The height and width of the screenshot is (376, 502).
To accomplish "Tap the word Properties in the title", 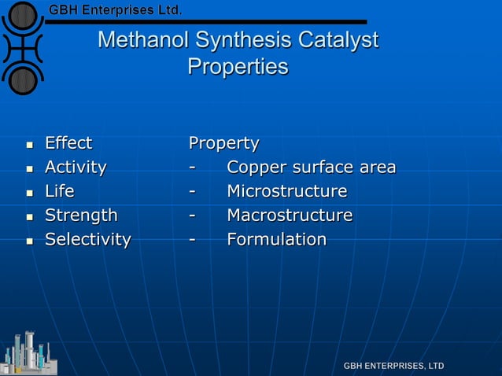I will pyautogui.click(x=238, y=67).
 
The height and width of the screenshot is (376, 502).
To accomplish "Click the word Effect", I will pyautogui.click(x=68, y=143).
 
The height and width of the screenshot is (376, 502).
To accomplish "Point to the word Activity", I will pyautogui.click(x=76, y=167).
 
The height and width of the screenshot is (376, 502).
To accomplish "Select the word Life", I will pyautogui.click(x=60, y=191).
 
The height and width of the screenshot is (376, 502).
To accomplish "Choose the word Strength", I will pyautogui.click(x=81, y=215).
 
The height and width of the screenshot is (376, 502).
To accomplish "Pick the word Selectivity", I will pyautogui.click(x=87, y=239).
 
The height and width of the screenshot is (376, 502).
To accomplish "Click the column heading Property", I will pyautogui.click(x=223, y=144).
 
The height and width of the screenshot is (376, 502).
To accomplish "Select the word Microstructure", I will pyautogui.click(x=286, y=191).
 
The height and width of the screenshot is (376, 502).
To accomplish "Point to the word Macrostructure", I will pyautogui.click(x=290, y=215).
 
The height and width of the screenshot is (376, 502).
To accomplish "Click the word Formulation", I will pyautogui.click(x=276, y=239).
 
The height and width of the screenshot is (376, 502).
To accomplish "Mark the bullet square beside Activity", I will pyautogui.click(x=29, y=168).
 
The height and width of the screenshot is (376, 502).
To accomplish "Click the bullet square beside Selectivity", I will pyautogui.click(x=29, y=240).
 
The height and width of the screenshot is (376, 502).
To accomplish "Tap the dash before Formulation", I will pyautogui.click(x=192, y=240).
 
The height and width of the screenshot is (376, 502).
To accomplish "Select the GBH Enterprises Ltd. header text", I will pyautogui.click(x=116, y=11).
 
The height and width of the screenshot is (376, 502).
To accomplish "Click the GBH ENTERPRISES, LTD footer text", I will pyautogui.click(x=393, y=366).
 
